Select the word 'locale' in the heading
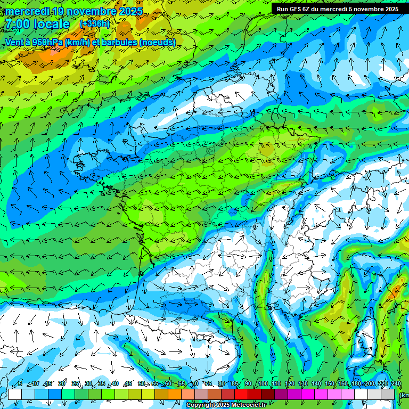click(52, 24)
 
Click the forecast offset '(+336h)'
click(95, 23)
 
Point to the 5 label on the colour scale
click(20, 383)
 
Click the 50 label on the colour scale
click(141, 383)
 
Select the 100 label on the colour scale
click(263, 383)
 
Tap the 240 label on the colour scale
click(396, 383)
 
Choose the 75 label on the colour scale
click(208, 383)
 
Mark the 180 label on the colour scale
click(356, 383)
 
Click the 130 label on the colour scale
click(302, 383)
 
